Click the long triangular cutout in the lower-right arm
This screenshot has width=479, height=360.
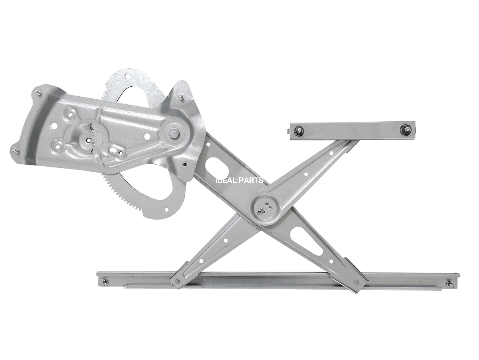(x=308, y=243)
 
